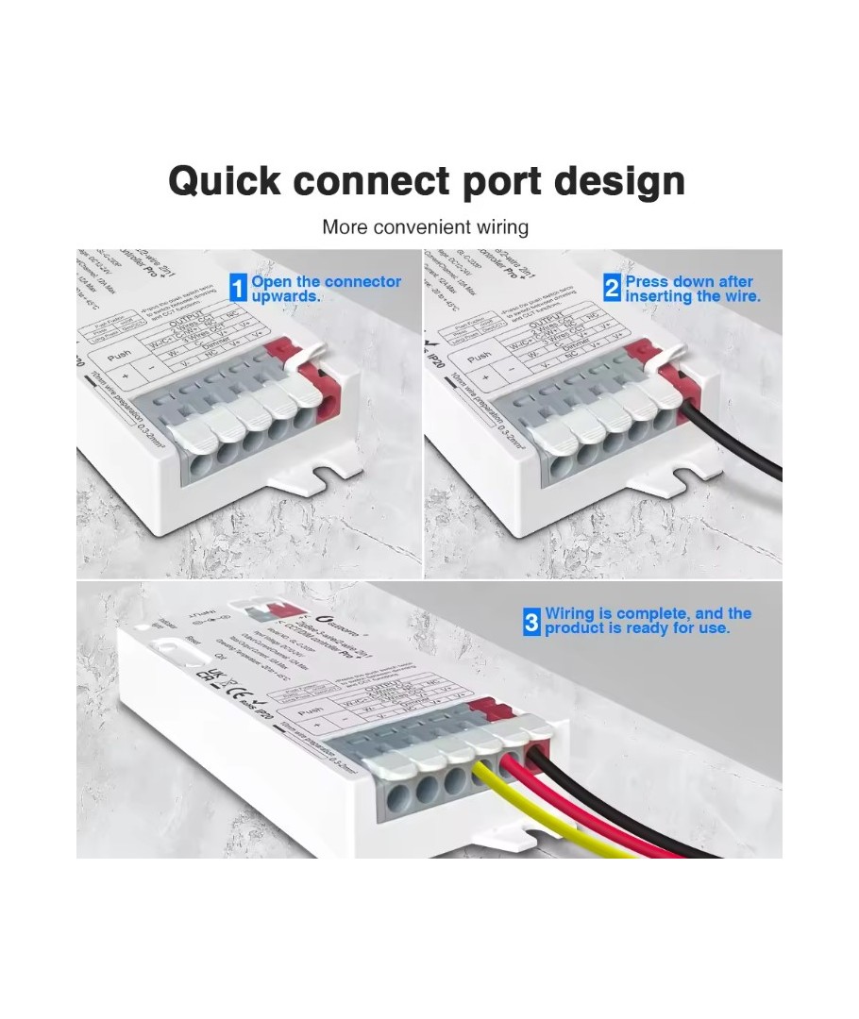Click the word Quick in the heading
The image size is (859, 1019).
tap(225, 180)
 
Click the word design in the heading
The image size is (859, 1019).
tap(619, 180)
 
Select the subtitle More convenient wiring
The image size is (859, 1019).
tap(425, 227)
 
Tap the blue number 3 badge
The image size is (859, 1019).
tap(532, 623)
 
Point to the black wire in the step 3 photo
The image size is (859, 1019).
tap(642, 811)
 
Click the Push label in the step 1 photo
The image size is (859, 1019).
tap(120, 358)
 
